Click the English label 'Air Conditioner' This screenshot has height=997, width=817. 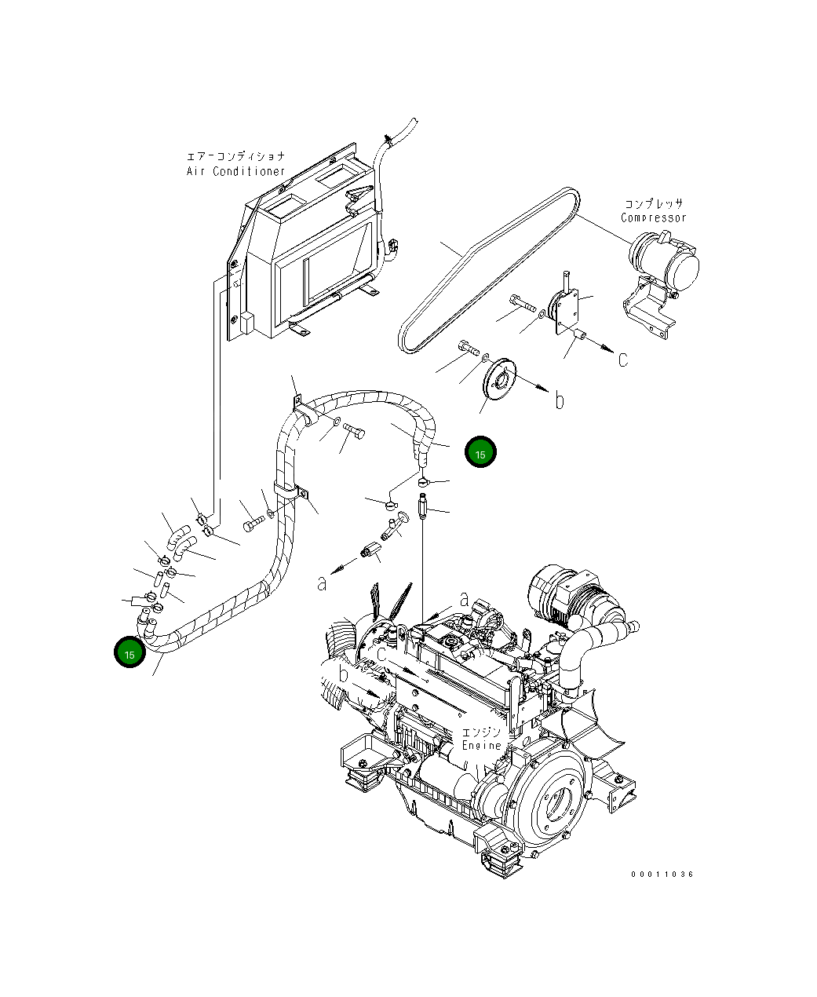click(x=235, y=171)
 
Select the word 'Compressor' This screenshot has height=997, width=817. click(x=653, y=218)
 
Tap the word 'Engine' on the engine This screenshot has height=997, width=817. click(x=481, y=745)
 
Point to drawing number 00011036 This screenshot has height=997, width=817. click(x=662, y=874)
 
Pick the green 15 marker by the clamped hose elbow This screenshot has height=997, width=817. click(x=129, y=653)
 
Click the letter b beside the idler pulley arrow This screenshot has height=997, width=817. click(x=559, y=401)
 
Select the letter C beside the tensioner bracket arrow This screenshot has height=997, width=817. click(x=622, y=360)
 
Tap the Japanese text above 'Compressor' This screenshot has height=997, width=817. click(x=654, y=204)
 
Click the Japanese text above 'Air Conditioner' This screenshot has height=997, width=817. click(x=235, y=157)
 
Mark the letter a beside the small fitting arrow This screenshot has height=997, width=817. click(x=322, y=582)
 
